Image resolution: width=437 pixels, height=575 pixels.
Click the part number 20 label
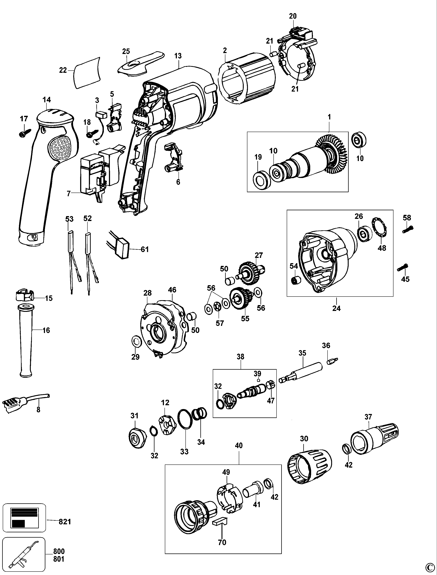pyautogui.click(x=293, y=16)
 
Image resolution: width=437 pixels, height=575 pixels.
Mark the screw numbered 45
pyautogui.click(x=403, y=268)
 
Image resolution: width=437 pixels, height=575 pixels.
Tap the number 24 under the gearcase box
pyautogui.click(x=336, y=308)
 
